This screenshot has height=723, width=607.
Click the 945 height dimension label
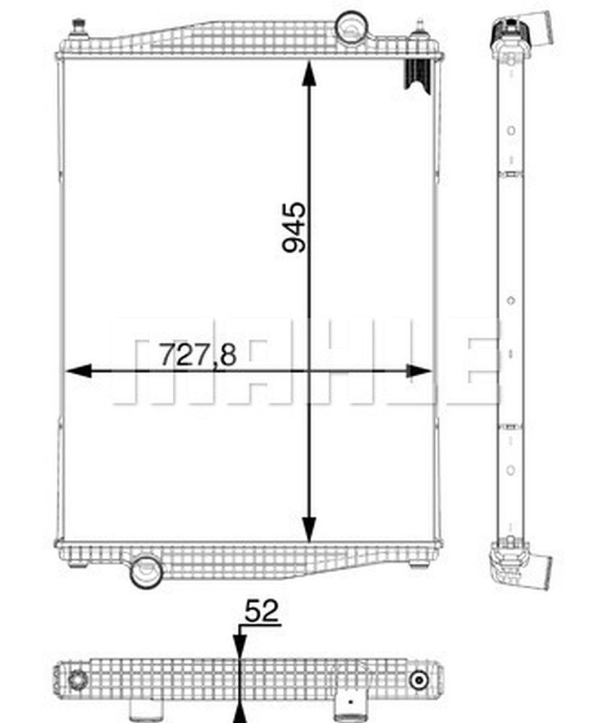click(x=294, y=227)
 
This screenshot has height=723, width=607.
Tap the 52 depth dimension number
click(x=262, y=612)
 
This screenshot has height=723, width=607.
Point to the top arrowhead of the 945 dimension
click(x=309, y=73)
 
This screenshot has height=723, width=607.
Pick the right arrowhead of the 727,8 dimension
click(x=418, y=371)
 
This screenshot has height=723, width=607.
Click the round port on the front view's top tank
click(x=351, y=25)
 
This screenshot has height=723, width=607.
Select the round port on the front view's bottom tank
click(x=146, y=572)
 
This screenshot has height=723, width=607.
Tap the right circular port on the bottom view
click(x=418, y=680)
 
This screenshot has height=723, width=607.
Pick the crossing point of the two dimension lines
click(x=309, y=371)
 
